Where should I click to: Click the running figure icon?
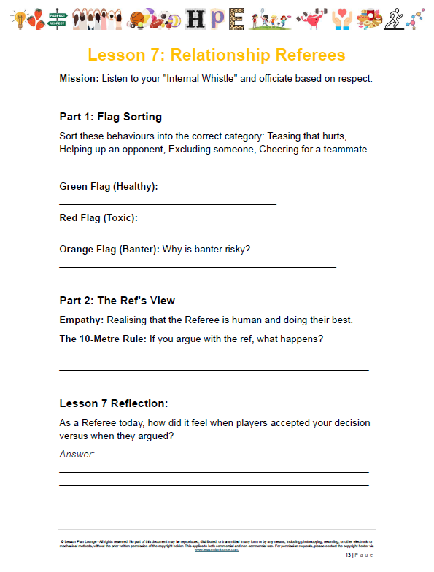pos(395,19)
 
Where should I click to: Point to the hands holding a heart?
pos(341,20)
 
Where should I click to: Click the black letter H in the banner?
pos(194,20)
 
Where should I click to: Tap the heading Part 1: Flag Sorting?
pos(110,117)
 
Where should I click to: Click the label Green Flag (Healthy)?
pos(109,186)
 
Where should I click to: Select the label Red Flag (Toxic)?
pos(98,217)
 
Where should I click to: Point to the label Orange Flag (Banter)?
pos(109,250)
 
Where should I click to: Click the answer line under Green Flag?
pos(168,204)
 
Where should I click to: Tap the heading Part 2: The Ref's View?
pos(117,301)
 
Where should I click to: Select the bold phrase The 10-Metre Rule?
pos(103,339)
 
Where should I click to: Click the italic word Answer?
pos(77,455)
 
